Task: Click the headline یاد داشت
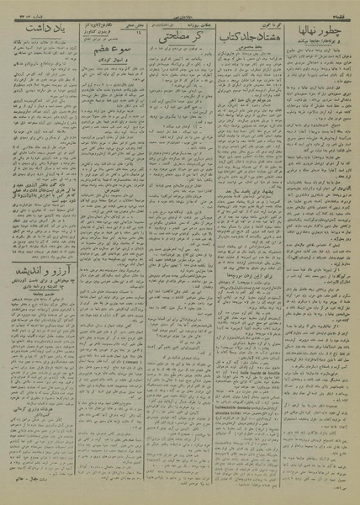(x=42, y=35)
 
